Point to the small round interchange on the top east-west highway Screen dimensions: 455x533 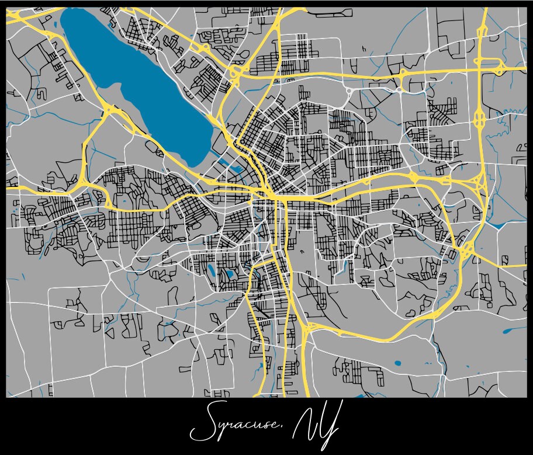point(402,73)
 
